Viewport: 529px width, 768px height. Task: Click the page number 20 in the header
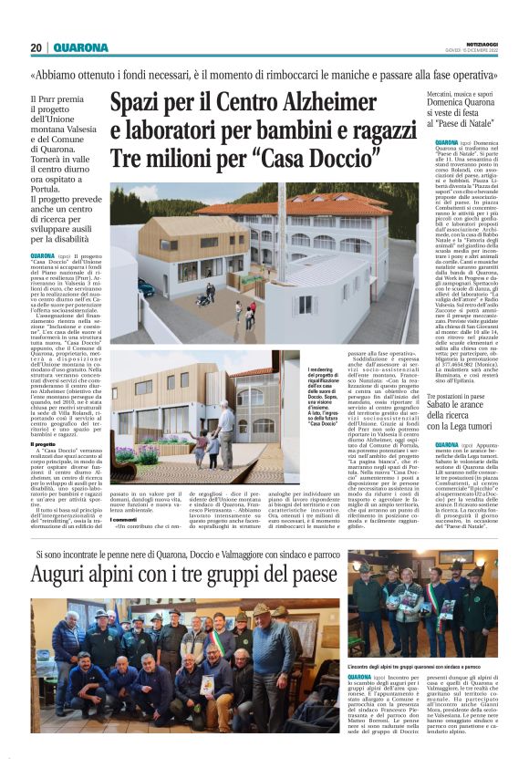36,47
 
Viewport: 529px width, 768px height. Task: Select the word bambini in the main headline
288,131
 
